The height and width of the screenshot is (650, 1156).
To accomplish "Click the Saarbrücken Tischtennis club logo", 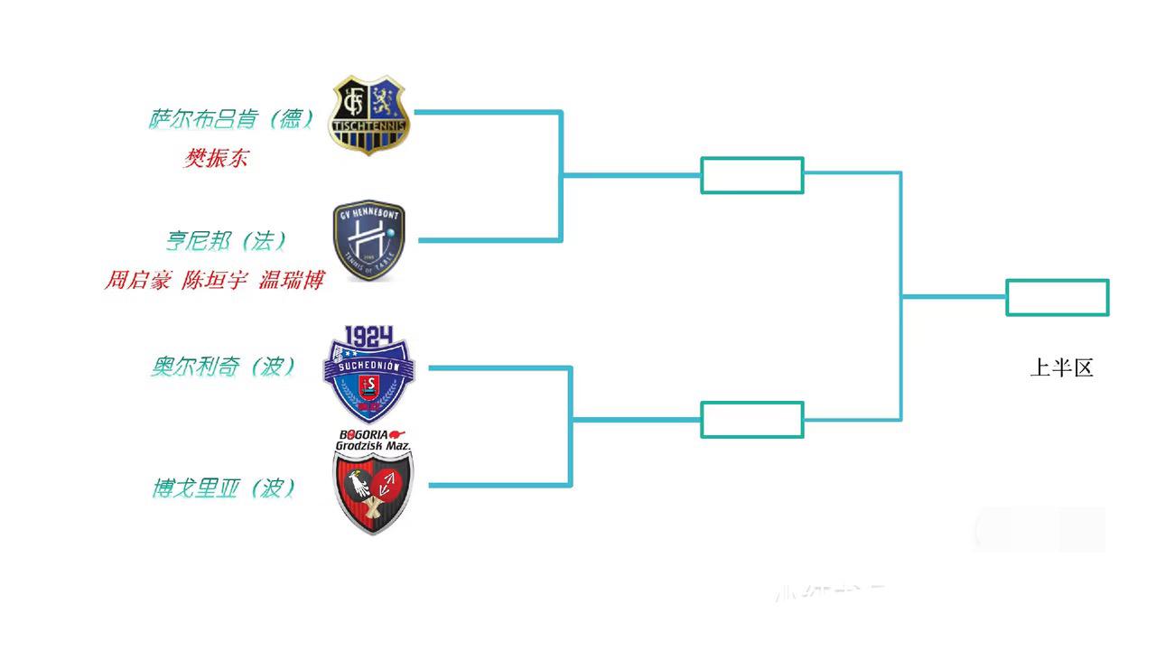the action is (x=368, y=115).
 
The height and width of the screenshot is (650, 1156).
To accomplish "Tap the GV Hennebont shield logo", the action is (x=368, y=241).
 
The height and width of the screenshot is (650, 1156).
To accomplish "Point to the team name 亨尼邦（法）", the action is (x=226, y=241).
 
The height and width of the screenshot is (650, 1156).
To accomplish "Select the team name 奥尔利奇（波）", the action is (x=224, y=367).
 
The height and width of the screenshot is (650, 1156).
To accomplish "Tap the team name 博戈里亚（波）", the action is (x=224, y=488).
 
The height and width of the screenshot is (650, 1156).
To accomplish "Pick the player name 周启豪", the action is (x=137, y=281).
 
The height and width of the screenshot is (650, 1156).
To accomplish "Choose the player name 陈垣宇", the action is (x=215, y=281).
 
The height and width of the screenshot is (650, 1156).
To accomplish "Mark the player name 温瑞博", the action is (x=291, y=281).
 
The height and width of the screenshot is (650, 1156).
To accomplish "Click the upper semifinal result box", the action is (x=752, y=175).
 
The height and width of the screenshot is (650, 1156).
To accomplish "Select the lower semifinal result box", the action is (x=752, y=420).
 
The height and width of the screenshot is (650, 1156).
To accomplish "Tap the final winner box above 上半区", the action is (x=1058, y=298).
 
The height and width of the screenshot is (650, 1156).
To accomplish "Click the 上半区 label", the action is (x=1062, y=368).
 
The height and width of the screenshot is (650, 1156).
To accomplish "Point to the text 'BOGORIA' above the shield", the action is (x=364, y=433).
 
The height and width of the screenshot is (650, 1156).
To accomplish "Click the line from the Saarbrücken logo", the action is (x=488, y=112).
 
